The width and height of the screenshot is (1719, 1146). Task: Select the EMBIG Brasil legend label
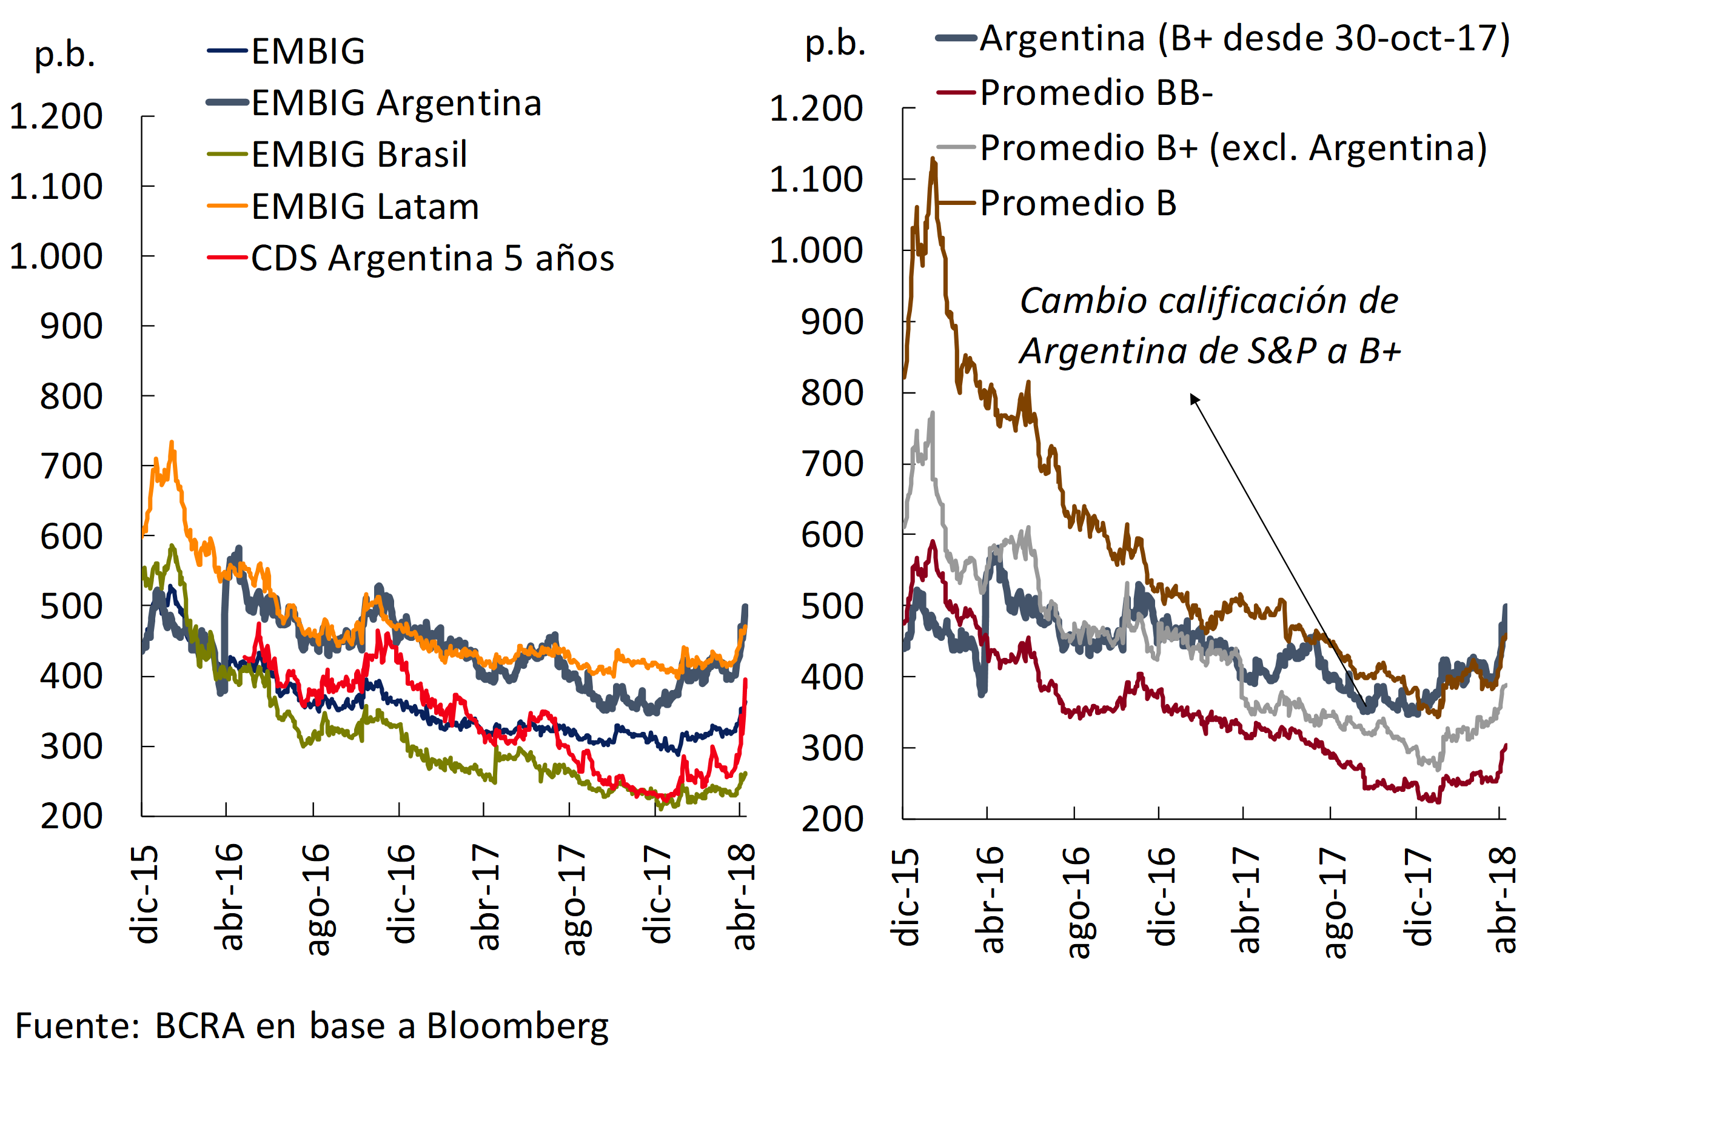[x=359, y=155]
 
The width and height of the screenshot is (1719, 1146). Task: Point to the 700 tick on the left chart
[x=72, y=466]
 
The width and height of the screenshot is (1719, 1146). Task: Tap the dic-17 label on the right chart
[x=1418, y=897]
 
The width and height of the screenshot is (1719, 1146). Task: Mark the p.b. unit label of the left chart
[x=65, y=54]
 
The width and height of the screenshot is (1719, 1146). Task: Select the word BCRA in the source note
[x=199, y=1025]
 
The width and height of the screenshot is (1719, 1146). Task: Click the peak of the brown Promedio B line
[x=933, y=159]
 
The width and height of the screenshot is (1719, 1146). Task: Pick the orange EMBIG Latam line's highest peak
[x=172, y=442]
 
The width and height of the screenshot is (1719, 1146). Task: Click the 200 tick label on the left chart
[x=72, y=816]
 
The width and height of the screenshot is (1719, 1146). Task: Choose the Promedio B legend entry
[x=1077, y=203]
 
